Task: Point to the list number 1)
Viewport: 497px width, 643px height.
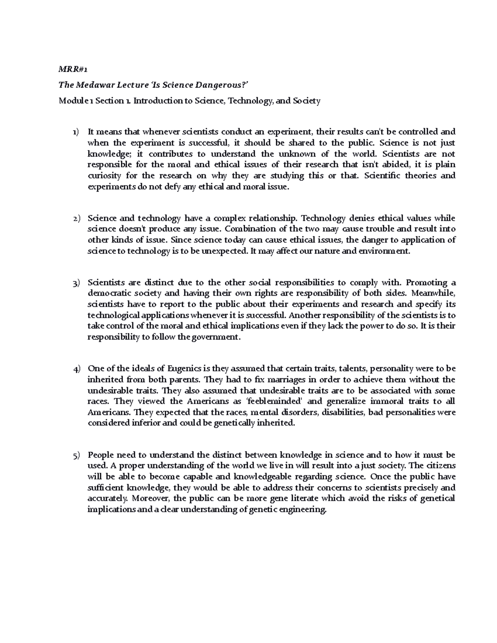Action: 75,132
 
